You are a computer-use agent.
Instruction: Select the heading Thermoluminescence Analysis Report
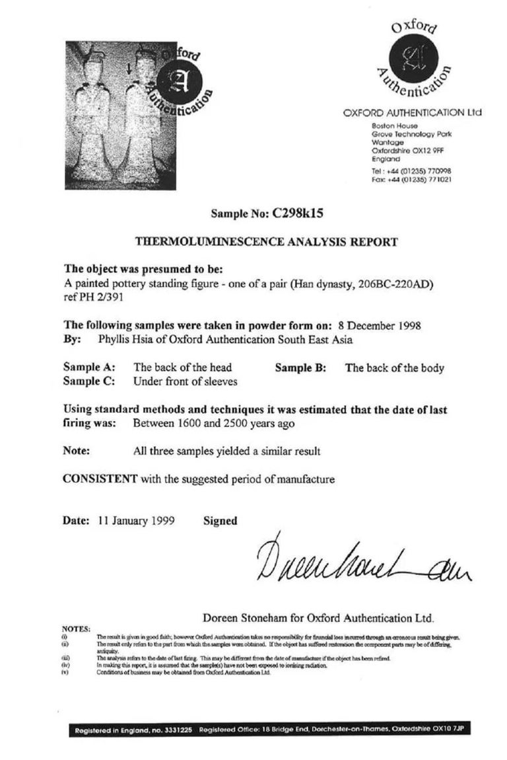[266, 242]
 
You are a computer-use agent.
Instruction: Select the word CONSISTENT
[100, 478]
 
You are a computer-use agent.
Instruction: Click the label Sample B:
[300, 368]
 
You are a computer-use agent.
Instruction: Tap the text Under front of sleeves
[186, 381]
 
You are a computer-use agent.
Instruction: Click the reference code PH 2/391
[96, 297]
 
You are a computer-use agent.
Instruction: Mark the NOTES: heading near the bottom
[75, 628]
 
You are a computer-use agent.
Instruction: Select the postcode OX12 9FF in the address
[419, 151]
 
